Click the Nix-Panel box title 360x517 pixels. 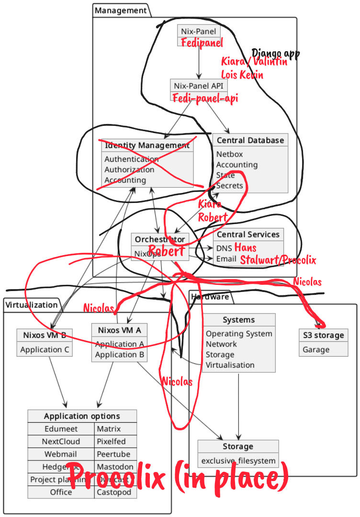pos(199,32)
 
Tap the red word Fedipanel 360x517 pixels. pos(202,43)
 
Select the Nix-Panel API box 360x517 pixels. pos(199,86)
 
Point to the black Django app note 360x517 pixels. pos(276,53)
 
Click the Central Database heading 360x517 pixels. pos(250,140)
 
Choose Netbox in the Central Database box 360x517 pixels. pos(230,154)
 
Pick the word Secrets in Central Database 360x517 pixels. pos(230,185)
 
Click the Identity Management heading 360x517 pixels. pos(147,145)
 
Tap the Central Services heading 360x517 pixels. pos(248,235)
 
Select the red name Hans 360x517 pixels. pos(245,247)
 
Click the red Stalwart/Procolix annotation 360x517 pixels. pos(278,260)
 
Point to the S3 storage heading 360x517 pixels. pos(323,335)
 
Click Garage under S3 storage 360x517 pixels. pos(316,349)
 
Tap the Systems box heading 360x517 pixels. pos(238,320)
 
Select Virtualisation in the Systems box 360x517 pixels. pos(230,365)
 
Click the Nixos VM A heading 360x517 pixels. pos(119,330)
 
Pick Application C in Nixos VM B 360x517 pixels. pos(45,349)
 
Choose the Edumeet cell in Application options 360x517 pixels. pos(61,429)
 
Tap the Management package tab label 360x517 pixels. pos(120,10)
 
